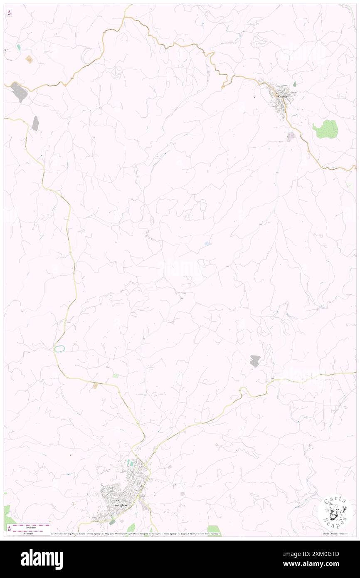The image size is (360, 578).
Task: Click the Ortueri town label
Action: (x=283, y=96)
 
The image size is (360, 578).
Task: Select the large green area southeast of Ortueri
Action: (x=325, y=129)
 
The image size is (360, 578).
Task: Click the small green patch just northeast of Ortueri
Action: (x=294, y=84)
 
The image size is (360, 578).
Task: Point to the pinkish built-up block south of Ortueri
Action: (x=291, y=135)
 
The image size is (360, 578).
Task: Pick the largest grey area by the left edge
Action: (x=19, y=92)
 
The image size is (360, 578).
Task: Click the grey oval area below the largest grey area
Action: (x=35, y=123)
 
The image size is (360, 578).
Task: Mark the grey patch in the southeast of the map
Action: (x=255, y=361)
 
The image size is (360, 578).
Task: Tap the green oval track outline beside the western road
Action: (x=59, y=348)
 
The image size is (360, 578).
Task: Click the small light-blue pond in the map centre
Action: (x=207, y=244)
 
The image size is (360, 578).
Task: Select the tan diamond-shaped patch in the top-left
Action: (x=29, y=59)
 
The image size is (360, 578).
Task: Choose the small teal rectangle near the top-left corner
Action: (x=18, y=47)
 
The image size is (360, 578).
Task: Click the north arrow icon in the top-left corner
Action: (x=9, y=12)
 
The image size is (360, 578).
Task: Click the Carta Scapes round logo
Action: (x=335, y=511)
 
